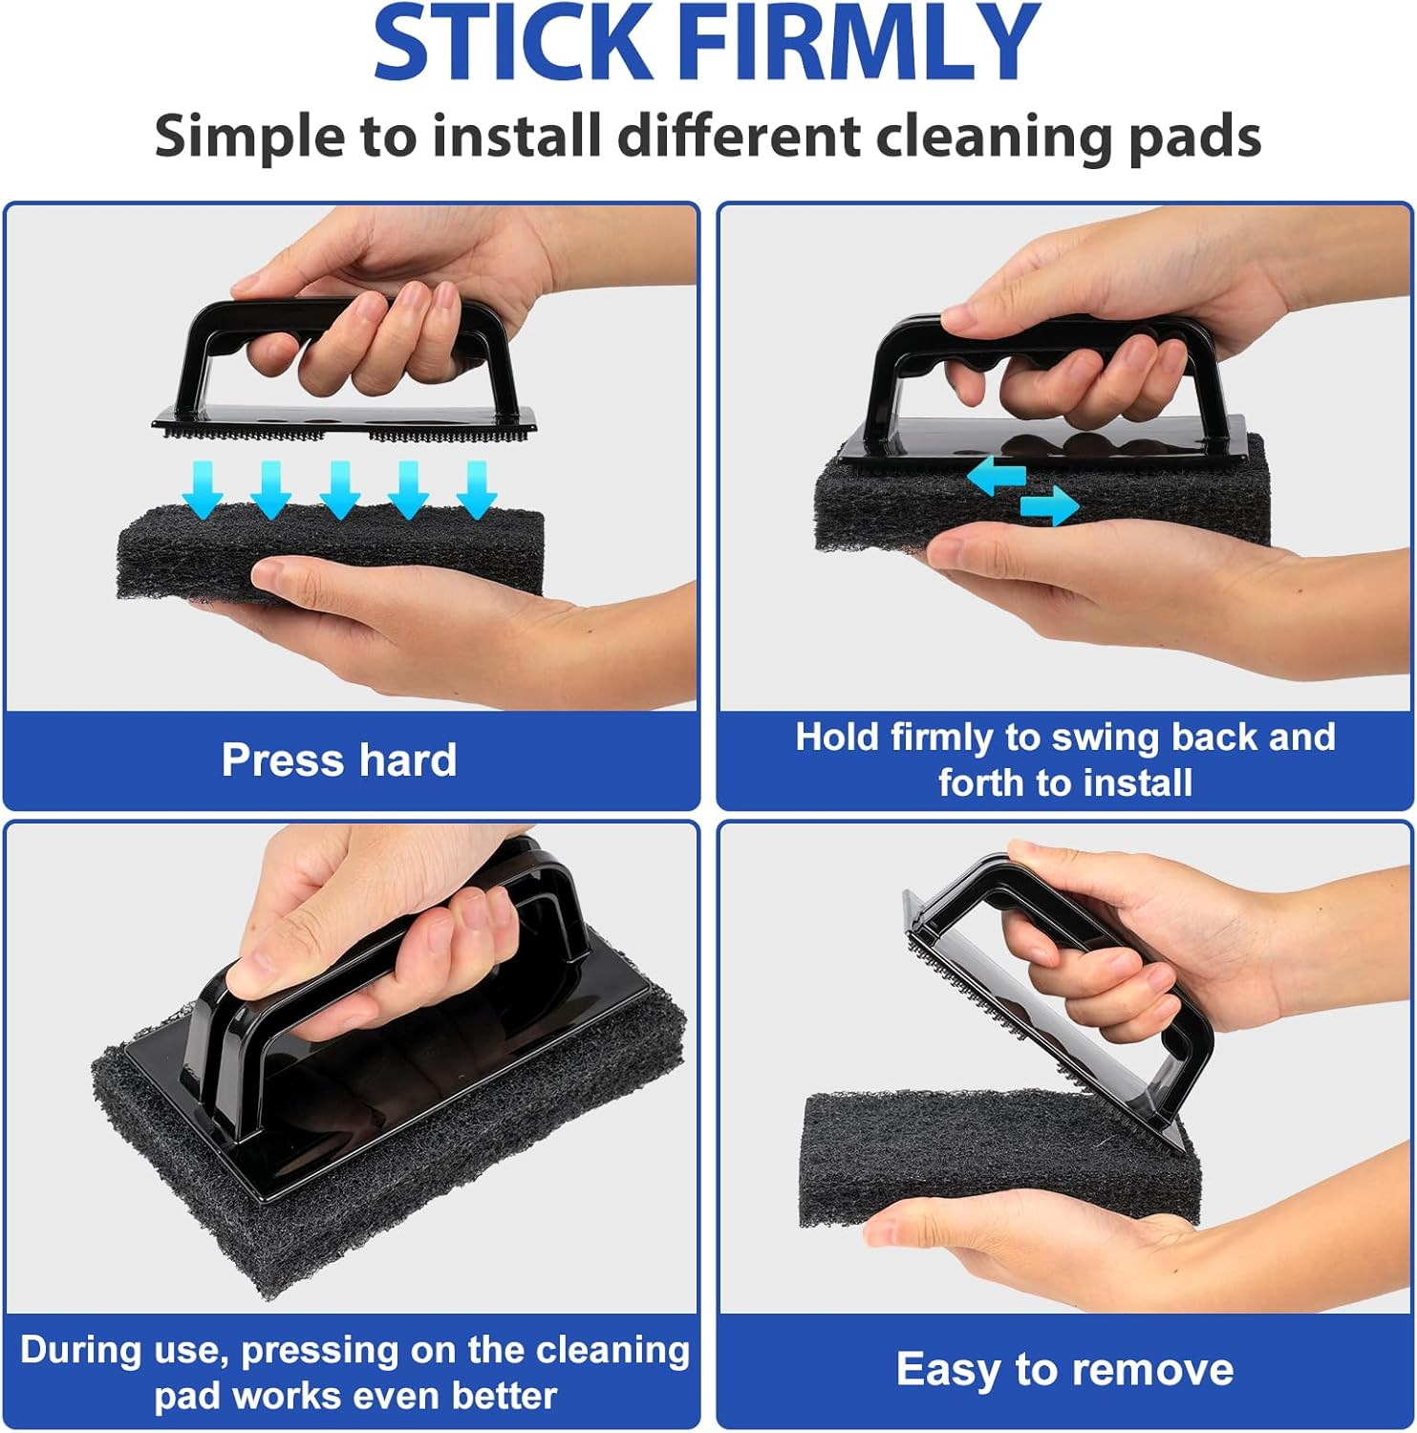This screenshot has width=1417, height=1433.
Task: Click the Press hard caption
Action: pos(339,760)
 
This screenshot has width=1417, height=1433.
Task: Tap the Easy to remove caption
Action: pos(1064,1369)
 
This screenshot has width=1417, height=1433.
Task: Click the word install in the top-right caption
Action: pos(1138,783)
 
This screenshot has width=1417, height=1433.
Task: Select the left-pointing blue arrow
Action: pos(996,475)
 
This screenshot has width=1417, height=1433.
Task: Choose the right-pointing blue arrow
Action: pos(1049,506)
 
